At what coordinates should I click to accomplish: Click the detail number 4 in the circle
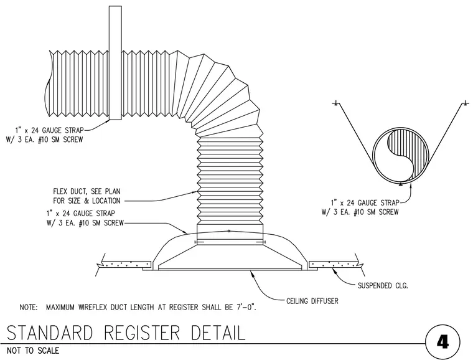443,343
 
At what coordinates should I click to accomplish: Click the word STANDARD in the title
49,333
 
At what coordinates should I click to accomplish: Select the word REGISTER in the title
142,333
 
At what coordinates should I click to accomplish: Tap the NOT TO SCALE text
33,351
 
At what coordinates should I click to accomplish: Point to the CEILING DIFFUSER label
312,301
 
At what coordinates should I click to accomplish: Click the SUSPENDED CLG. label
383,285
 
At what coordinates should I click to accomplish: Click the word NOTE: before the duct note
29,308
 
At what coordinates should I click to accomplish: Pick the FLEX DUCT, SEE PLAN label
87,191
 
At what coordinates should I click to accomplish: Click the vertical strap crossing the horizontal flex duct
115,63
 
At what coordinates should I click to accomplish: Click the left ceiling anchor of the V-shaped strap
335,104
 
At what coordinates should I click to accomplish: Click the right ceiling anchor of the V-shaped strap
466,104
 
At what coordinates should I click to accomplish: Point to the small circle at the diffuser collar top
228,231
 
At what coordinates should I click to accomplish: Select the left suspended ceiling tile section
126,264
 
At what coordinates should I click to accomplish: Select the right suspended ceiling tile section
334,264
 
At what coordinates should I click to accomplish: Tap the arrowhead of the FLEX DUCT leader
194,192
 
